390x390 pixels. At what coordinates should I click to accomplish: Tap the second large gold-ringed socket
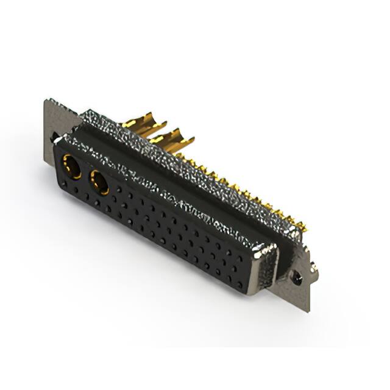(99, 182)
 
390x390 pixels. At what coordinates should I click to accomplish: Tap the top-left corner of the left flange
(46, 101)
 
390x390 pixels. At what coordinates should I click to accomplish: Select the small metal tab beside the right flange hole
(312, 266)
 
